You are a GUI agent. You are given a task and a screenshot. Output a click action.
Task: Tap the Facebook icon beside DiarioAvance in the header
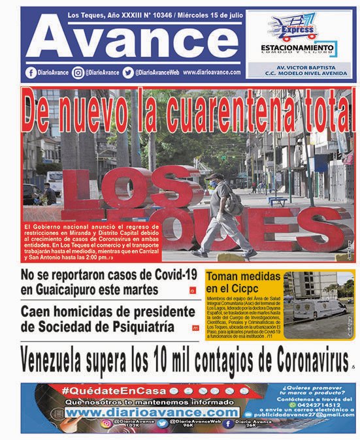click(x=31, y=73)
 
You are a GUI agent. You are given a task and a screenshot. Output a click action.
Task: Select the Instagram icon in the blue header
click(x=78, y=73)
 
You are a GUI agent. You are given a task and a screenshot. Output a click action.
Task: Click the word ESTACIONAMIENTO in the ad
click(x=297, y=48)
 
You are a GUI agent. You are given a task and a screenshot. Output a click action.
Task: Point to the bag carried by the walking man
click(x=234, y=204)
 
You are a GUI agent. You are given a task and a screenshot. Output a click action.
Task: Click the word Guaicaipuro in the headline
click(x=59, y=289)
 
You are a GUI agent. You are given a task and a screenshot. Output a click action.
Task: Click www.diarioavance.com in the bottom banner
click(x=152, y=413)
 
